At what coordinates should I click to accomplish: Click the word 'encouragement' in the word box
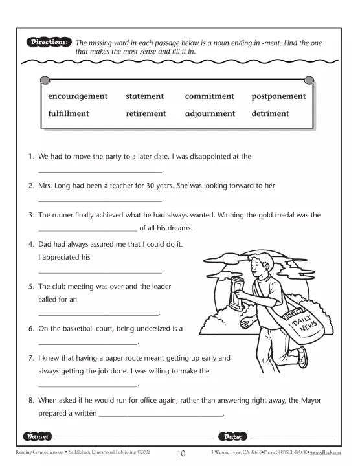(x=78, y=96)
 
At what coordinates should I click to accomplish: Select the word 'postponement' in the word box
(x=278, y=96)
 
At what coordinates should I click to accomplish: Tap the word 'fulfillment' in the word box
(x=69, y=113)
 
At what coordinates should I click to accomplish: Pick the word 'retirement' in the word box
(x=146, y=113)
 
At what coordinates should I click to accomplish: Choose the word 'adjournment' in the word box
(x=210, y=113)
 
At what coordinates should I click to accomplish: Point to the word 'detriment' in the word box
(x=270, y=113)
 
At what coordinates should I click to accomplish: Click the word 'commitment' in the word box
(x=209, y=96)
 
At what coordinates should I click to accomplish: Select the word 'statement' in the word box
(x=145, y=96)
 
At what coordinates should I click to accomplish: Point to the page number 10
(x=181, y=453)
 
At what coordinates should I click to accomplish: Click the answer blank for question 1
(x=100, y=171)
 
